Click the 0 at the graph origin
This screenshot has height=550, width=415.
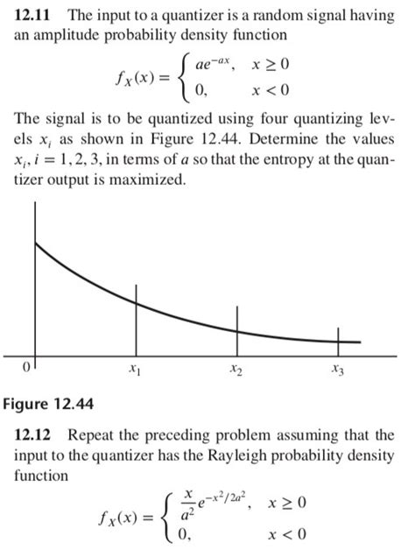pyautogui.click(x=27, y=367)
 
